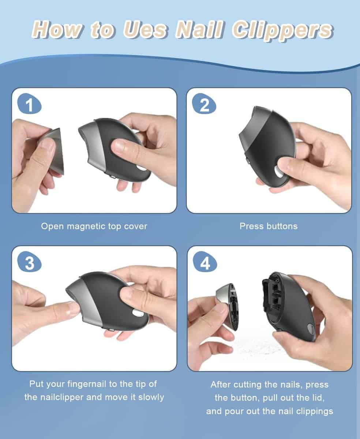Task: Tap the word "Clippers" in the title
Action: click(282, 31)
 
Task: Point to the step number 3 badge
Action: click(30, 263)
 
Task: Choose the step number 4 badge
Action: click(205, 263)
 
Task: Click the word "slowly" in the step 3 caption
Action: click(151, 398)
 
